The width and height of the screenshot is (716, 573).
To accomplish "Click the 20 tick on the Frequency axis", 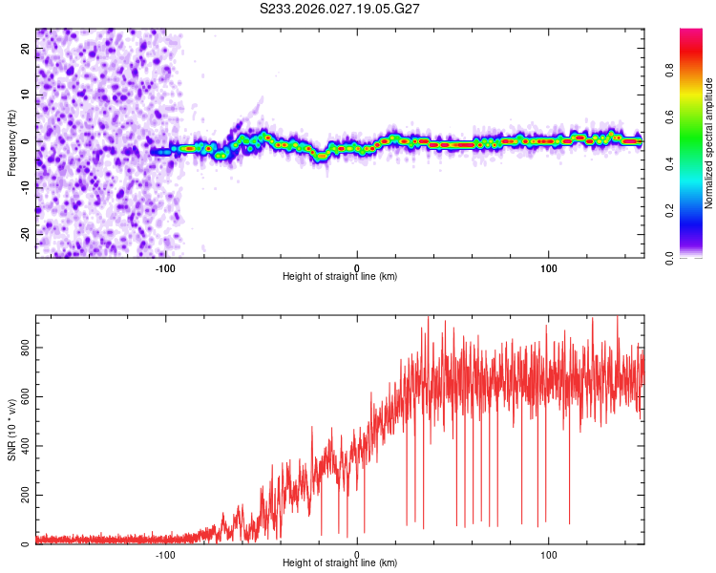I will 26,50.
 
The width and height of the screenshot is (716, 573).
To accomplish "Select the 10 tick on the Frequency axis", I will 26,95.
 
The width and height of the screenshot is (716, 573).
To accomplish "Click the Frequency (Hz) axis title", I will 11,143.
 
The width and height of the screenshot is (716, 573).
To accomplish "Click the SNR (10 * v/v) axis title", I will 11,430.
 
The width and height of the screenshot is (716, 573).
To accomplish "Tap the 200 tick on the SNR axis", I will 21,496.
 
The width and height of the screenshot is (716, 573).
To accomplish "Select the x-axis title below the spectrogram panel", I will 340,276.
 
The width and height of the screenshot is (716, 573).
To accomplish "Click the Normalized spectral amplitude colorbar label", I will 709,143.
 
